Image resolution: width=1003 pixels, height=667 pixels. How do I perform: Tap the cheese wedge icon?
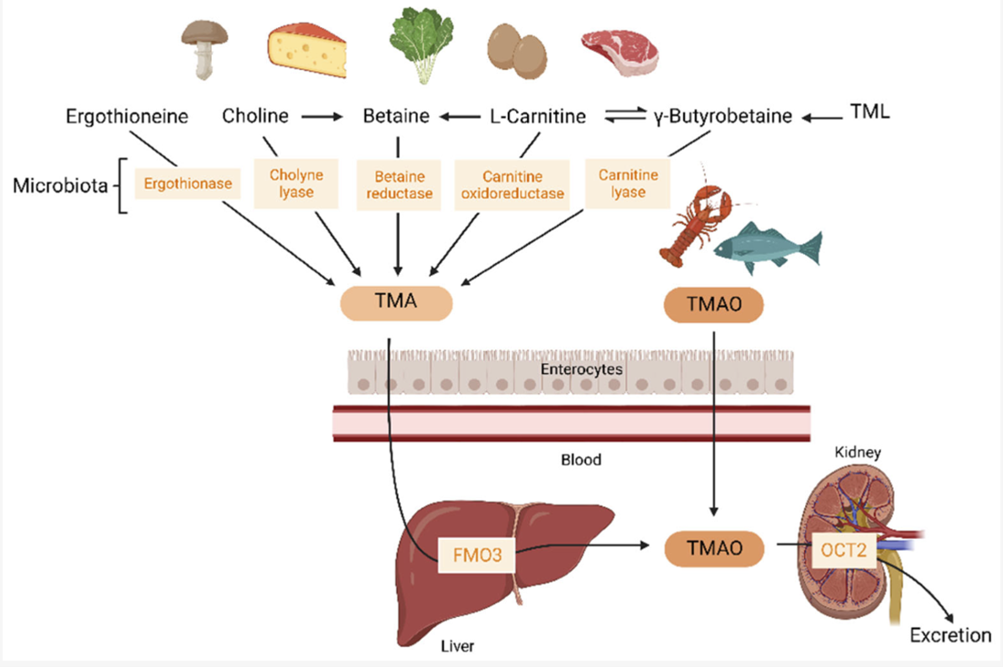pos(307,51)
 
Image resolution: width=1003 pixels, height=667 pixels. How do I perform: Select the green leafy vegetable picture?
pos(421,44)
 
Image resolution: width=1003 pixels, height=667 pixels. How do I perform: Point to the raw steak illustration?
pos(620,52)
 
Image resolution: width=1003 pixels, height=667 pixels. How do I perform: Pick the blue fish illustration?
pos(768,248)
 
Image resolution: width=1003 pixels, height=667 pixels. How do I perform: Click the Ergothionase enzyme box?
pos(187,183)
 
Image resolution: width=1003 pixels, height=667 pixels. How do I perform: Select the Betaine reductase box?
pos(399,184)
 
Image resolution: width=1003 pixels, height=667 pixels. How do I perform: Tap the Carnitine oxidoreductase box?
pos(512,184)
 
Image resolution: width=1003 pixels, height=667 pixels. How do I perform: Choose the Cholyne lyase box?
pos(296,183)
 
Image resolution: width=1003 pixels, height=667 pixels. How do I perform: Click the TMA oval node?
pos(396,302)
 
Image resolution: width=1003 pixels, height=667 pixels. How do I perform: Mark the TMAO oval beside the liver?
pos(714,549)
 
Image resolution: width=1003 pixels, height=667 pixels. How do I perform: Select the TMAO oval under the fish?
pos(714,304)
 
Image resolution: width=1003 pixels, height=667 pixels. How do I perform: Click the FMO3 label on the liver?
pos(477,554)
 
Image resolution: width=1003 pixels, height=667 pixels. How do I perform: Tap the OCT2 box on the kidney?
pos(844,550)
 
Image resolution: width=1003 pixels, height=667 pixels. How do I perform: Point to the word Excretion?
pos(950,635)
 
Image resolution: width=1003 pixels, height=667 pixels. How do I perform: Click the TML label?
pos(870,112)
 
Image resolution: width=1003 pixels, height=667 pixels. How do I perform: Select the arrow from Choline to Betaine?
pos(323,117)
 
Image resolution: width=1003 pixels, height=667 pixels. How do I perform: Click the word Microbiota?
pos(60,186)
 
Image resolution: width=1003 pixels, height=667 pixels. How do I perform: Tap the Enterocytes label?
pos(581,369)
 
